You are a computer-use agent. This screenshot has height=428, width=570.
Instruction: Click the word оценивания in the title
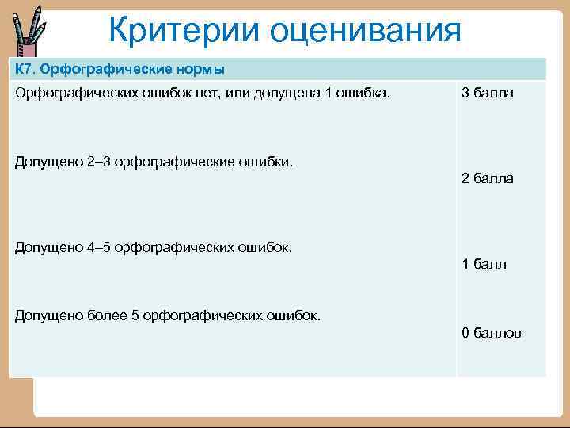(366, 32)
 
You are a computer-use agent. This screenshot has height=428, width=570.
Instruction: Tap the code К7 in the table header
(24, 69)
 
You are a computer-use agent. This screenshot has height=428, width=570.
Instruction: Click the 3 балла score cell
(487, 94)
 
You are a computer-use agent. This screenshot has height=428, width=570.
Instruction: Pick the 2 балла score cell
(487, 178)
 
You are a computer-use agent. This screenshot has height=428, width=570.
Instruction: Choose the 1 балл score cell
(484, 265)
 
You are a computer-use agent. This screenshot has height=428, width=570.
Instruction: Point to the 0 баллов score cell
(492, 333)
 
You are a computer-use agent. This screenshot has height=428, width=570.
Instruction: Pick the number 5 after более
(135, 315)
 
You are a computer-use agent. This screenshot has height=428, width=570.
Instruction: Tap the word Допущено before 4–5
(48, 248)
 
